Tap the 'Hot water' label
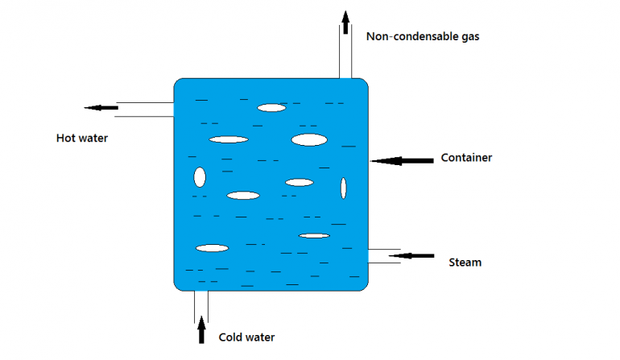81,139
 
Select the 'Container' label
466,158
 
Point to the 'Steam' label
465,262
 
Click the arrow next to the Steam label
411,256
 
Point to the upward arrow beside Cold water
202,329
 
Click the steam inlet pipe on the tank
384,256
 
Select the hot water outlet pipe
145,110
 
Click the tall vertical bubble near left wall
200,176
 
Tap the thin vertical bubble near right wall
344,188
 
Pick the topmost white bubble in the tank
272,107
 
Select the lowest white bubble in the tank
213,248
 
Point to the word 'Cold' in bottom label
232,337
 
